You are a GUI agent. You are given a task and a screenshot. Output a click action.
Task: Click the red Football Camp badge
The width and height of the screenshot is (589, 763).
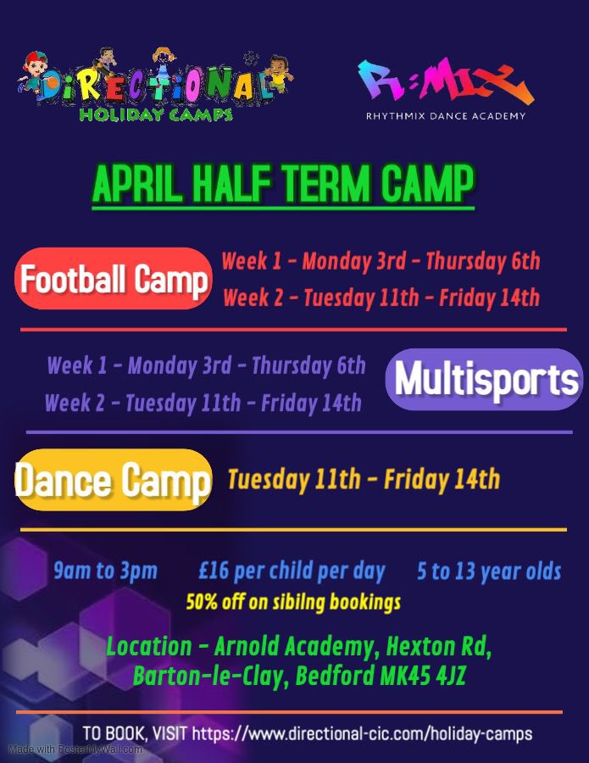click(x=114, y=279)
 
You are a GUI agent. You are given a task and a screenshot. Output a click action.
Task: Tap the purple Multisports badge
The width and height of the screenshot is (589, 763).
click(x=485, y=380)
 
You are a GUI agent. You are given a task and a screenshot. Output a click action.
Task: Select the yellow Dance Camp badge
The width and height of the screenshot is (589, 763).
click(x=114, y=481)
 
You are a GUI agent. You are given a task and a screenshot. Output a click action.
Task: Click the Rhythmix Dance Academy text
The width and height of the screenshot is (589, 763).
click(x=445, y=116)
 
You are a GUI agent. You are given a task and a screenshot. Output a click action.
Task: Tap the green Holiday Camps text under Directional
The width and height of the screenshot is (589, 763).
click(x=155, y=114)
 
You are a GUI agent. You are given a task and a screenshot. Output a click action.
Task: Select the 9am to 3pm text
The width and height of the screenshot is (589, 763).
click(x=105, y=571)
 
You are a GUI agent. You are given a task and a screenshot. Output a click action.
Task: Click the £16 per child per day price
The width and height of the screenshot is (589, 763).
click(x=292, y=571)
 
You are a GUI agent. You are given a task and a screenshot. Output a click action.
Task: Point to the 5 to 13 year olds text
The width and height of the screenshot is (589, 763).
click(x=489, y=571)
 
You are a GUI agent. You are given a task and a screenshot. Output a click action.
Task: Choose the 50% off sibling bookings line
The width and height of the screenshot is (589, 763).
click(x=293, y=603)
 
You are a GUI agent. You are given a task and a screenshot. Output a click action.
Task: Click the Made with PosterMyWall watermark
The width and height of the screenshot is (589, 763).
click(x=75, y=749)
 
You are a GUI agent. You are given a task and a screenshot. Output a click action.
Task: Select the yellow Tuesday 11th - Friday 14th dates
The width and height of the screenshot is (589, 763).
click(x=364, y=480)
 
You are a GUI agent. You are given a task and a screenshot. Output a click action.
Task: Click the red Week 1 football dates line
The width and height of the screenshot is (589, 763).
click(x=381, y=261)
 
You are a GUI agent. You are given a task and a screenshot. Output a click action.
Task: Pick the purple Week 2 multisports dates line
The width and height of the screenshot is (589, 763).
click(x=203, y=403)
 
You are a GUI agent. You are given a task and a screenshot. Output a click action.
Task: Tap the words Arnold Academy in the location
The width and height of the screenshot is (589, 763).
click(x=293, y=647)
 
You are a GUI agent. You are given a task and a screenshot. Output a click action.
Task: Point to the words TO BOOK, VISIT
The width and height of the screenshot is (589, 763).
click(x=136, y=732)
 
